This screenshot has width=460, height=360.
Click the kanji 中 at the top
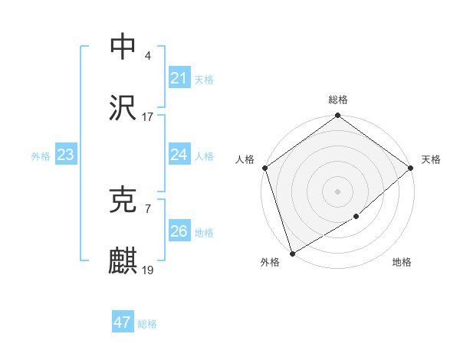(123, 46)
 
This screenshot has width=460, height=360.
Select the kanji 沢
(123, 108)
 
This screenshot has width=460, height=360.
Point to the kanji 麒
(123, 261)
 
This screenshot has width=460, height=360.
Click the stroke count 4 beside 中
(147, 55)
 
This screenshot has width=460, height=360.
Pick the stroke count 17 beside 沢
(148, 117)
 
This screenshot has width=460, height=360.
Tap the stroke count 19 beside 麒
(148, 270)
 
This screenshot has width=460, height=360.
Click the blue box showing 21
(179, 77)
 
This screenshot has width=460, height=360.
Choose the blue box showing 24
(179, 154)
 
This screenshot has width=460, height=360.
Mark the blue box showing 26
(179, 231)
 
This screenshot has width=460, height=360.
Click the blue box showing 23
(65, 154)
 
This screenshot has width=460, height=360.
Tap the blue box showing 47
(122, 322)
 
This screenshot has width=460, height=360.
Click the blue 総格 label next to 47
(147, 324)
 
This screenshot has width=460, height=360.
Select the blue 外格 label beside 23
(41, 156)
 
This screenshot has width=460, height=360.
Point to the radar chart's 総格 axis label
(338, 100)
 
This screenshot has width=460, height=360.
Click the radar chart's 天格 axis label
(431, 159)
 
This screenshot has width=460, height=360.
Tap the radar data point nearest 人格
(265, 168)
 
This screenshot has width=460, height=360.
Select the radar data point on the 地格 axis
(356, 217)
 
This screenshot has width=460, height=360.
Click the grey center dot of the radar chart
(338, 191)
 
